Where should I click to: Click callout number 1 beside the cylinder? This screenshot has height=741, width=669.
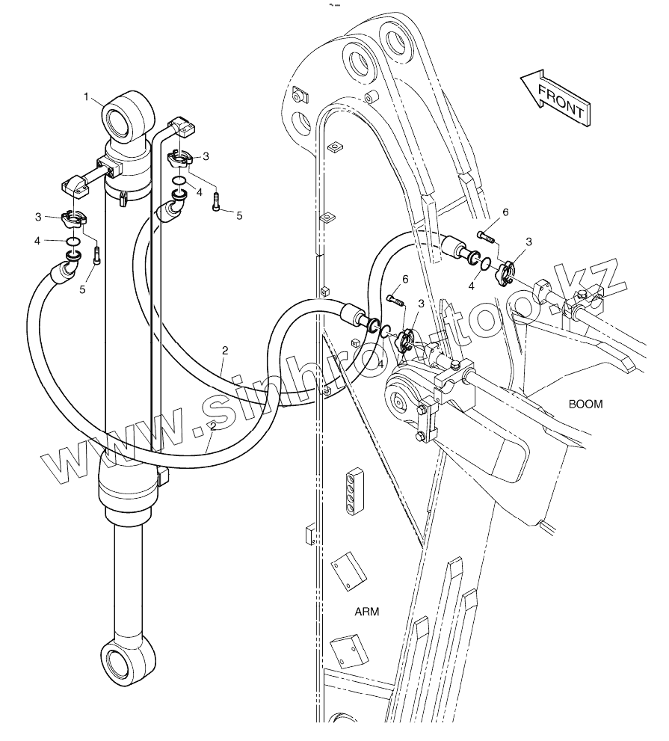87,96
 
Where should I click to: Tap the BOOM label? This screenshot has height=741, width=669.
586,404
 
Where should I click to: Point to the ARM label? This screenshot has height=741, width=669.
366,611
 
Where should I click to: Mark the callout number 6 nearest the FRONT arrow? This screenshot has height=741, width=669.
505,212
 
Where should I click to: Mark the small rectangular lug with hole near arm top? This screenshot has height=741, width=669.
302,95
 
